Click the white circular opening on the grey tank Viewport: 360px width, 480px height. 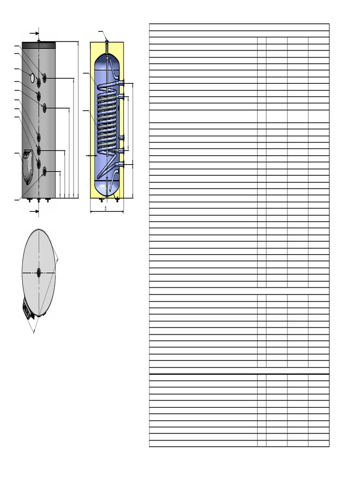click(x=32, y=78)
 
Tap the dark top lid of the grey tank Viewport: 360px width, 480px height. click(x=38, y=45)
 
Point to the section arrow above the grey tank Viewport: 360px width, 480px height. click(x=34, y=33)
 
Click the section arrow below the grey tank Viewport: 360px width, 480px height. click(x=34, y=212)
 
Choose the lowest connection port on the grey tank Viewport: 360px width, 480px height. click(x=44, y=172)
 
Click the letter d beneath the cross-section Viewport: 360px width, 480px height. click(x=105, y=208)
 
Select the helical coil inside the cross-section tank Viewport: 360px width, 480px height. click(x=107, y=117)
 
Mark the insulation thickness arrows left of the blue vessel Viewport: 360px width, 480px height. click(x=91, y=155)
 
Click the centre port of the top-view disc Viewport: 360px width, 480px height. click(x=38, y=272)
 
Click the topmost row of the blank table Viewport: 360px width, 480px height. click(x=239, y=27)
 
